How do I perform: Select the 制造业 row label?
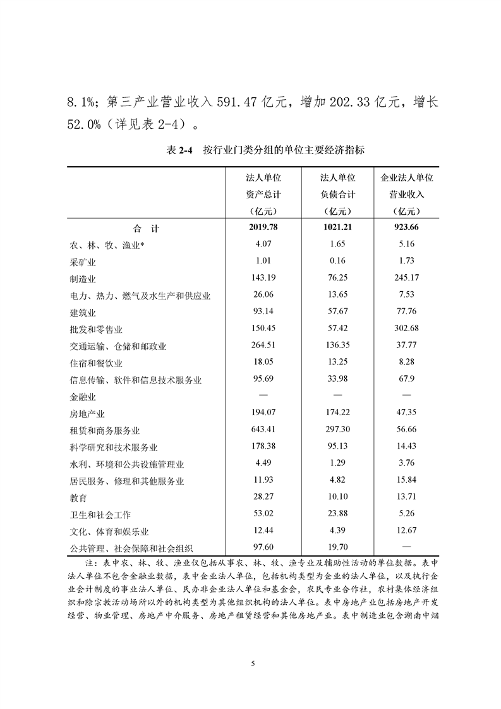83,278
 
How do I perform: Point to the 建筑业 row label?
83,312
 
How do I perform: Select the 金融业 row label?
83,397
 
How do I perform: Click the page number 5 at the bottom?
252,663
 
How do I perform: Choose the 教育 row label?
78,498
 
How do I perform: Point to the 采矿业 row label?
83,262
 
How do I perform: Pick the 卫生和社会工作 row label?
100,515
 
